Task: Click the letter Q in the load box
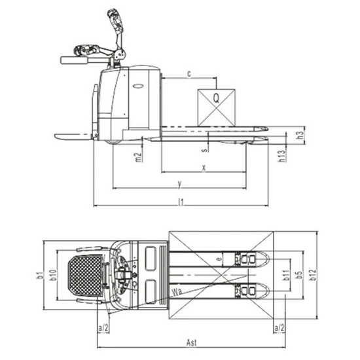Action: (x=216, y=98)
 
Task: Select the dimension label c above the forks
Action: (x=189, y=74)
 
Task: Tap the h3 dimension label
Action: (x=300, y=135)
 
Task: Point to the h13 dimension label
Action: (x=281, y=156)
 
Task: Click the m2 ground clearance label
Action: (x=138, y=157)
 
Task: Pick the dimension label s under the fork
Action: (x=205, y=150)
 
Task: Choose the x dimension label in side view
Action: (x=204, y=168)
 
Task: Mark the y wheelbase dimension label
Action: (x=180, y=184)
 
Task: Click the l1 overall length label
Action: (x=181, y=202)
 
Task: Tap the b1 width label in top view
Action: (x=40, y=275)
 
